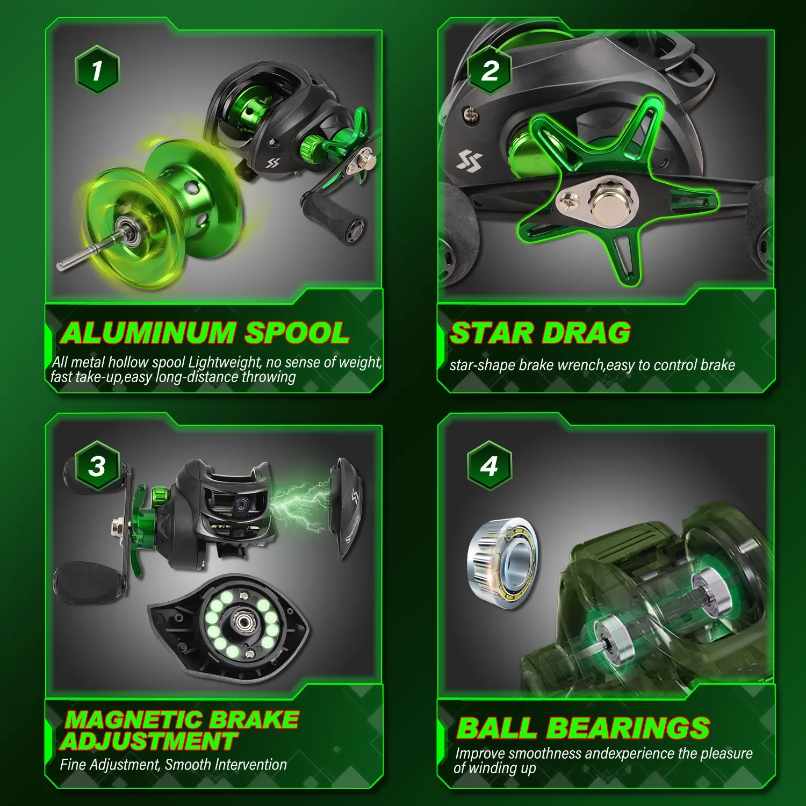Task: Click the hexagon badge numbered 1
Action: pyautogui.click(x=97, y=70)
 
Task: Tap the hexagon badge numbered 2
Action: pyautogui.click(x=489, y=70)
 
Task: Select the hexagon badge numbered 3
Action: pyautogui.click(x=97, y=465)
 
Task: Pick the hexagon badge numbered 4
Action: pyautogui.click(x=489, y=465)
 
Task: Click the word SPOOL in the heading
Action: pyautogui.click(x=297, y=333)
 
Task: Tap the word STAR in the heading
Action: pyautogui.click(x=492, y=333)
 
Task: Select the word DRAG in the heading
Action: pyautogui.click(x=586, y=333)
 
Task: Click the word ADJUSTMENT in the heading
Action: pyautogui.click(x=149, y=742)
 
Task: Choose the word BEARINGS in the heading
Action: pyautogui.click(x=628, y=728)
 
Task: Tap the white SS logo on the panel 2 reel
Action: pyautogui.click(x=470, y=160)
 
